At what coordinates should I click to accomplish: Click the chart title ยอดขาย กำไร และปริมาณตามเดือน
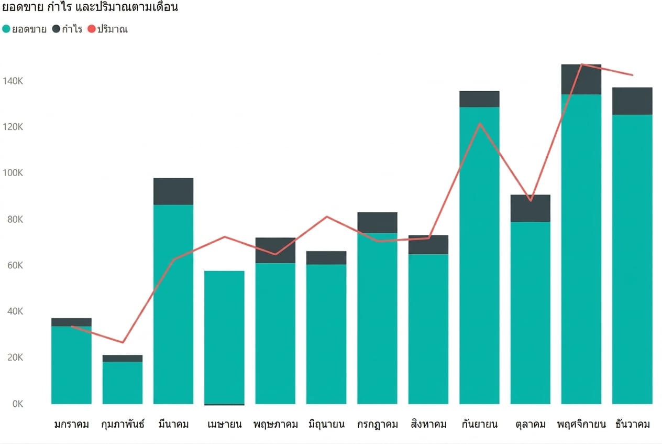click(x=90, y=7)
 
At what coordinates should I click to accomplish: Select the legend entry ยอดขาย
click(x=24, y=29)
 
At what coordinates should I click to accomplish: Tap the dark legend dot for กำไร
click(x=56, y=29)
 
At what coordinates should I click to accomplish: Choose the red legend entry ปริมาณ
click(x=108, y=29)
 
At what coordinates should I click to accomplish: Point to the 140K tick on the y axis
click(x=13, y=81)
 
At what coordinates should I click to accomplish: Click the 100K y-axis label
click(x=13, y=173)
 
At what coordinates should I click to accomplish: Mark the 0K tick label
click(x=18, y=404)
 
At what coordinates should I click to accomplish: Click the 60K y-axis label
click(x=15, y=265)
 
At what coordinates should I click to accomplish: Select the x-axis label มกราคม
click(x=72, y=425)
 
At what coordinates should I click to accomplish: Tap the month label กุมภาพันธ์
click(x=123, y=424)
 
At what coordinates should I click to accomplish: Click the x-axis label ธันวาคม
click(x=633, y=424)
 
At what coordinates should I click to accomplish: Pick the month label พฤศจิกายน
click(x=581, y=425)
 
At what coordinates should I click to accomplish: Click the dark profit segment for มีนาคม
click(x=173, y=191)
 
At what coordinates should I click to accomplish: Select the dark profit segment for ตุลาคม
click(x=530, y=208)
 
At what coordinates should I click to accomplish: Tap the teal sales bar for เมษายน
click(x=224, y=337)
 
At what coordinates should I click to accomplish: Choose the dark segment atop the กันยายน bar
click(x=479, y=99)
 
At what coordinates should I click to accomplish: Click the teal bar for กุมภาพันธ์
click(x=123, y=383)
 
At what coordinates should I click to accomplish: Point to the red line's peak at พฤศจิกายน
click(x=581, y=64)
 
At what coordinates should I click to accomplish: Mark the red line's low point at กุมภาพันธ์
click(x=123, y=342)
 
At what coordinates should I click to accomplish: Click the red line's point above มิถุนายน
click(x=327, y=217)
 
